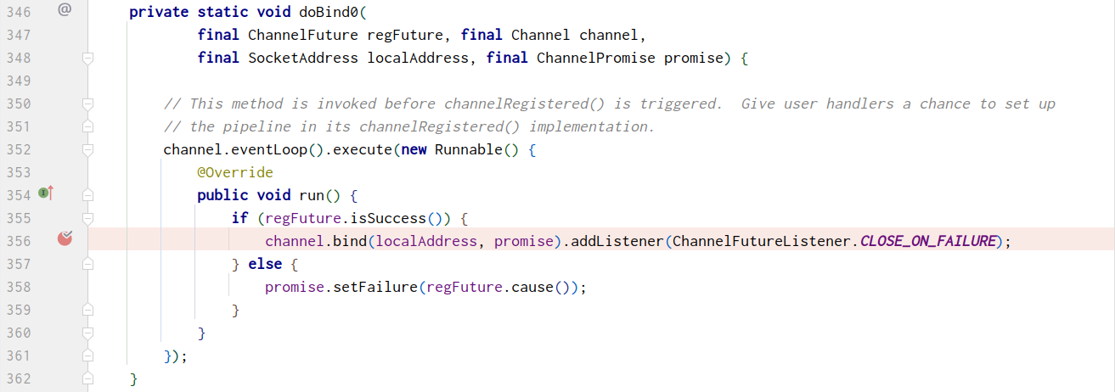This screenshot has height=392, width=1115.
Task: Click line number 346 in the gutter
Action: [x=18, y=12]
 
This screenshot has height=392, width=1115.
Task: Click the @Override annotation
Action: [x=234, y=172]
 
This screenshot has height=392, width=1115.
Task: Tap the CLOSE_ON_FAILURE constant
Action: [x=926, y=241]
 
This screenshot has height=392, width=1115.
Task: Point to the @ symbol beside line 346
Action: [x=65, y=10]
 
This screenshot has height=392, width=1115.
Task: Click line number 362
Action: [x=18, y=378]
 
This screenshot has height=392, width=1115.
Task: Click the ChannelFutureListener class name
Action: [x=761, y=241]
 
